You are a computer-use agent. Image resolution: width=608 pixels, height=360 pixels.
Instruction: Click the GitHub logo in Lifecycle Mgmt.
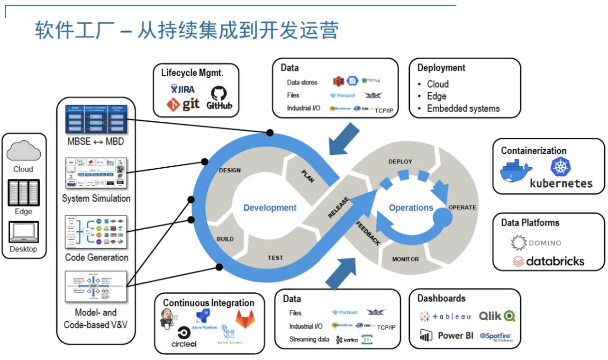219,98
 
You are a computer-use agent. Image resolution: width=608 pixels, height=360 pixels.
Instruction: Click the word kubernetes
561,183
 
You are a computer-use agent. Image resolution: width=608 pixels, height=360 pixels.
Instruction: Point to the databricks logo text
549,261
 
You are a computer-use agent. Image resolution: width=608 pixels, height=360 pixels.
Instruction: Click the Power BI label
455,335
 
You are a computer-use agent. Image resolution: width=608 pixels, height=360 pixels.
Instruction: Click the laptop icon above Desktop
23,232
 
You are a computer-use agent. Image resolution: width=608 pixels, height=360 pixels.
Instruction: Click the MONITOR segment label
405,259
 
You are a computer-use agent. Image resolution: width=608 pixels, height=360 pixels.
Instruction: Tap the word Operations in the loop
411,208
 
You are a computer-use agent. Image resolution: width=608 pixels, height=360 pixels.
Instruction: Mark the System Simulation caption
96,198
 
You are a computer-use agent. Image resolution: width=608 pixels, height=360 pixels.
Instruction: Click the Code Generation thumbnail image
96,232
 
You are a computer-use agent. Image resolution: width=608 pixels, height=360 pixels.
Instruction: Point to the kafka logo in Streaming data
347,340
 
